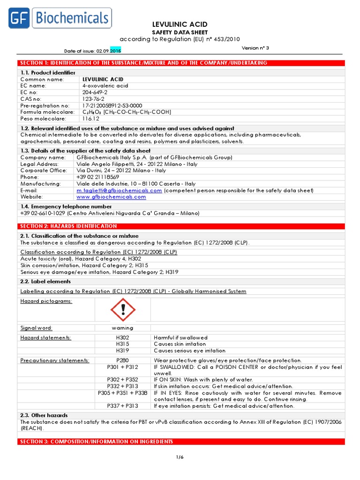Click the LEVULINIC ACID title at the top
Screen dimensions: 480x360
click(180, 24)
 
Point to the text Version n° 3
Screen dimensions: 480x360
click(256, 48)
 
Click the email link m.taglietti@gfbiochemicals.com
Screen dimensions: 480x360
click(119, 190)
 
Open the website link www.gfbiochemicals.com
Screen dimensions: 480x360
click(111, 197)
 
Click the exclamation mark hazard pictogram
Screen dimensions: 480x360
click(123, 309)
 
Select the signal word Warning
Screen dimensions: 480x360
click(122, 328)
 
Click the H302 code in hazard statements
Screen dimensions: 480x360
click(122, 337)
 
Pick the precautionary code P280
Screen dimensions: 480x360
click(122, 360)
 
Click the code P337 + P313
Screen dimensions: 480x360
click(122, 406)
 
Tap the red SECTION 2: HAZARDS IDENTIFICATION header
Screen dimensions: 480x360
click(67, 226)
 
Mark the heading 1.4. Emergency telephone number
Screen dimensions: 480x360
click(66, 206)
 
